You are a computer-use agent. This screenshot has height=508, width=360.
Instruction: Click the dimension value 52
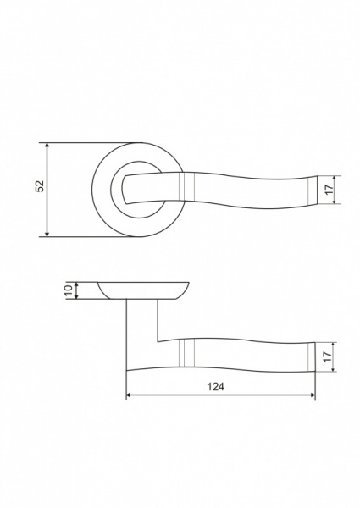point(39,185)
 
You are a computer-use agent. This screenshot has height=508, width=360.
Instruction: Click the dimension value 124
point(215,387)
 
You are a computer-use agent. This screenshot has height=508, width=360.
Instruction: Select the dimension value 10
point(69,290)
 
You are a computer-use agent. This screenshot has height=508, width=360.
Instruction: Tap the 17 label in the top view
point(330,189)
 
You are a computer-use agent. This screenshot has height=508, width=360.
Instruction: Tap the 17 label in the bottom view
point(328,357)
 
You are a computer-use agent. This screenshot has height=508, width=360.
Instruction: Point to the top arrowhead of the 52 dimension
point(47,146)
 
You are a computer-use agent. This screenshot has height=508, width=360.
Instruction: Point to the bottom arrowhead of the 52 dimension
point(47,234)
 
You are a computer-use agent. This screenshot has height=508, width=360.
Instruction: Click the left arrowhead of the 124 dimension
point(130,395)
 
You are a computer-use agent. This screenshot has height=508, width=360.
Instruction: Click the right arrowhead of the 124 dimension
point(312,395)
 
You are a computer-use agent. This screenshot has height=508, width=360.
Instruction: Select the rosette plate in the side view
point(143,290)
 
